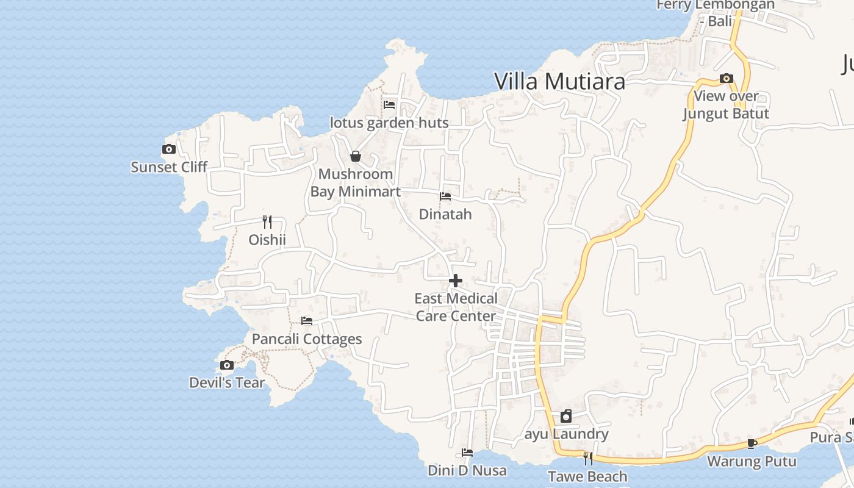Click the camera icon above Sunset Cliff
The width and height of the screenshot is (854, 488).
[169, 149]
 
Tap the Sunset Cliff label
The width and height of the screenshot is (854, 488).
[169, 167]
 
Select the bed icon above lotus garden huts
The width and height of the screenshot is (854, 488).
[389, 105]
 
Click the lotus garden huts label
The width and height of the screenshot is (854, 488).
[389, 123]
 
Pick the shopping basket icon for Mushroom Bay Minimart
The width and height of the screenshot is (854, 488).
[356, 157]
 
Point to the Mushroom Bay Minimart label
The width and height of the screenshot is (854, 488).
[356, 182]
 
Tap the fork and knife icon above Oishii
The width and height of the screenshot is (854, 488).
[267, 221]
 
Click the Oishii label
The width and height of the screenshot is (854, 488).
[267, 240]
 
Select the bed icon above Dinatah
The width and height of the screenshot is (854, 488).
[445, 196]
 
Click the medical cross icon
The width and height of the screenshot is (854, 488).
[456, 281]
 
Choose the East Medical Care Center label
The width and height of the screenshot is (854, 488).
[456, 307]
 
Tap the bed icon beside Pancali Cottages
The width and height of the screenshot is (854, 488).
[307, 321]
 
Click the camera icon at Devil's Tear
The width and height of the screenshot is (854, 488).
[227, 365]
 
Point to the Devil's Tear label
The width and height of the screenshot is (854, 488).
[227, 383]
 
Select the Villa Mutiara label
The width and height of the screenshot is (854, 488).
[559, 81]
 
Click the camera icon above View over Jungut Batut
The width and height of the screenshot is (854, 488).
[726, 78]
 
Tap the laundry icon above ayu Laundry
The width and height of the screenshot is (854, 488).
[566, 416]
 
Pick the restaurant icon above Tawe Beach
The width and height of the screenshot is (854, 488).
[587, 458]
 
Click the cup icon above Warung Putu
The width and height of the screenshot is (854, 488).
[752, 443]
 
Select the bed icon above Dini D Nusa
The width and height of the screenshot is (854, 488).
[467, 453]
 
